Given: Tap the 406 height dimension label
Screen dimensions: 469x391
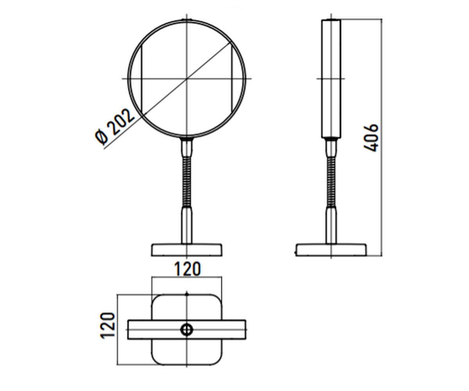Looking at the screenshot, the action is point(371,138).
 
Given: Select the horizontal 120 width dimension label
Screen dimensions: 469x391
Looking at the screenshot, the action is point(187,269).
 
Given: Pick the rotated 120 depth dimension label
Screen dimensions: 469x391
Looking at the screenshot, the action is point(107,326).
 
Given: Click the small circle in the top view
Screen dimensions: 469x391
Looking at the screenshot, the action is point(187,330).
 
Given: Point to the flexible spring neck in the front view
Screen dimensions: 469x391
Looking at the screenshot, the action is point(187,182).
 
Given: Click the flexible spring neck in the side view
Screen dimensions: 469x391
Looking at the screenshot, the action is point(331,182).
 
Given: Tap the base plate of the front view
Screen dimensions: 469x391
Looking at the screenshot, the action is point(187,250).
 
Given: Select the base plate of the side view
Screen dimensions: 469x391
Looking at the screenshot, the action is point(331,250).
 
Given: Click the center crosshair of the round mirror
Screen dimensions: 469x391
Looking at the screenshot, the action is point(187,79).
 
